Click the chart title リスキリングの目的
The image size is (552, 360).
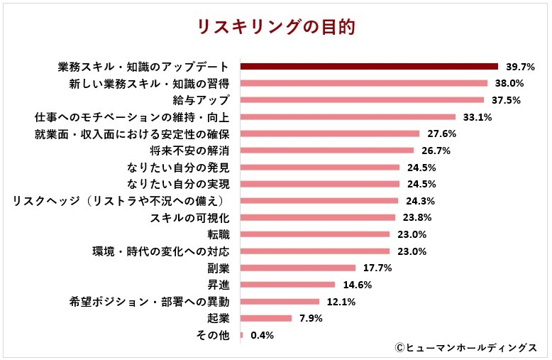pos(276,27)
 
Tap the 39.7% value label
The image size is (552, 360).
pos(520,67)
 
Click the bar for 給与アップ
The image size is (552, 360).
pos(362,99)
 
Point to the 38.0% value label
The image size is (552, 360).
pos(512,83)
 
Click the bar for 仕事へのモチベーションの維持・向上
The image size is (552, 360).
pos(348,116)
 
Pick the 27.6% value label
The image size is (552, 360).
pos(441,133)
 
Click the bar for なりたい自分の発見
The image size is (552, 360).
pos(320,167)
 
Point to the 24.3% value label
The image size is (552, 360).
pos(420,201)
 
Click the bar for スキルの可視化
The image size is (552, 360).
pos(318,217)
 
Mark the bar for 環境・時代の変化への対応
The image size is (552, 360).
pos(315,251)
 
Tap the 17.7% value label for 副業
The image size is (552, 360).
pos(377,268)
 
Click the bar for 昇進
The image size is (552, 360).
pos(287,285)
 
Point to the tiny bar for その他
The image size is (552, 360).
pos(242,335)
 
